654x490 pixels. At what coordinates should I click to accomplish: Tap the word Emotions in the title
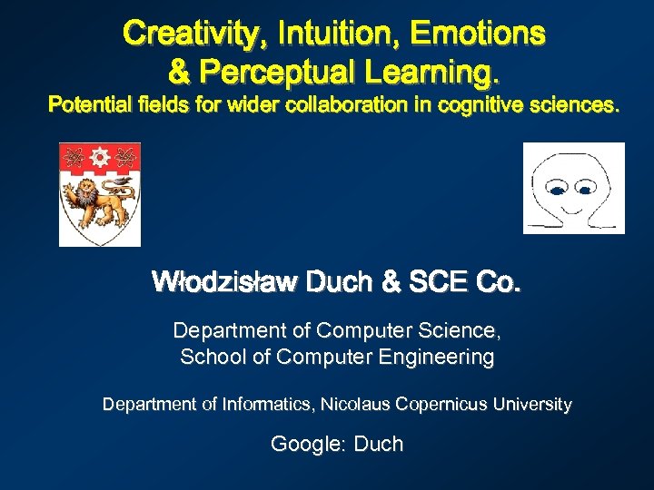pos(478,34)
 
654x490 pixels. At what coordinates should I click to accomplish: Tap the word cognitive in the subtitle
pos(481,105)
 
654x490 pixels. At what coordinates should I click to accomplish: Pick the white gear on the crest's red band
pos(100,157)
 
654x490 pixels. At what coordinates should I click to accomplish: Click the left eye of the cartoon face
pos(554,190)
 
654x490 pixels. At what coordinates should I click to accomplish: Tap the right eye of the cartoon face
pos(585,190)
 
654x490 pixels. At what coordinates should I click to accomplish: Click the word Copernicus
pos(441,404)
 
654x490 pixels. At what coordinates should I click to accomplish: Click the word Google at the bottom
pos(303,444)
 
